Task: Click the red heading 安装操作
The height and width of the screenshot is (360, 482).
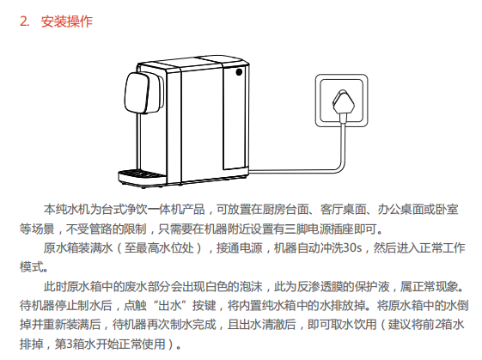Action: [67, 21]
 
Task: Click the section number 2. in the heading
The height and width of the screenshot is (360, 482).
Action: [25, 21]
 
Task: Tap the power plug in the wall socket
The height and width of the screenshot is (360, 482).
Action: [344, 101]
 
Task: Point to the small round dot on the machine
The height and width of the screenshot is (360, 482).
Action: [239, 72]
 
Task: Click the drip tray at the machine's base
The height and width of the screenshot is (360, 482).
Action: [143, 178]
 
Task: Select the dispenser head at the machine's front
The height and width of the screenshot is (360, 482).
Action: [143, 92]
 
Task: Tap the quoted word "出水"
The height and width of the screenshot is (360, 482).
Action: [169, 305]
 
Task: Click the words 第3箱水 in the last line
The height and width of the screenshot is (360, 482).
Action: [72, 344]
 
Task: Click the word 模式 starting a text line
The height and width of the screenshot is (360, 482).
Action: [31, 267]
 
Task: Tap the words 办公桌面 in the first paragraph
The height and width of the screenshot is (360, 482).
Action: [400, 210]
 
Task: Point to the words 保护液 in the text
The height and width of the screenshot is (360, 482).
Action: [372, 286]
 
